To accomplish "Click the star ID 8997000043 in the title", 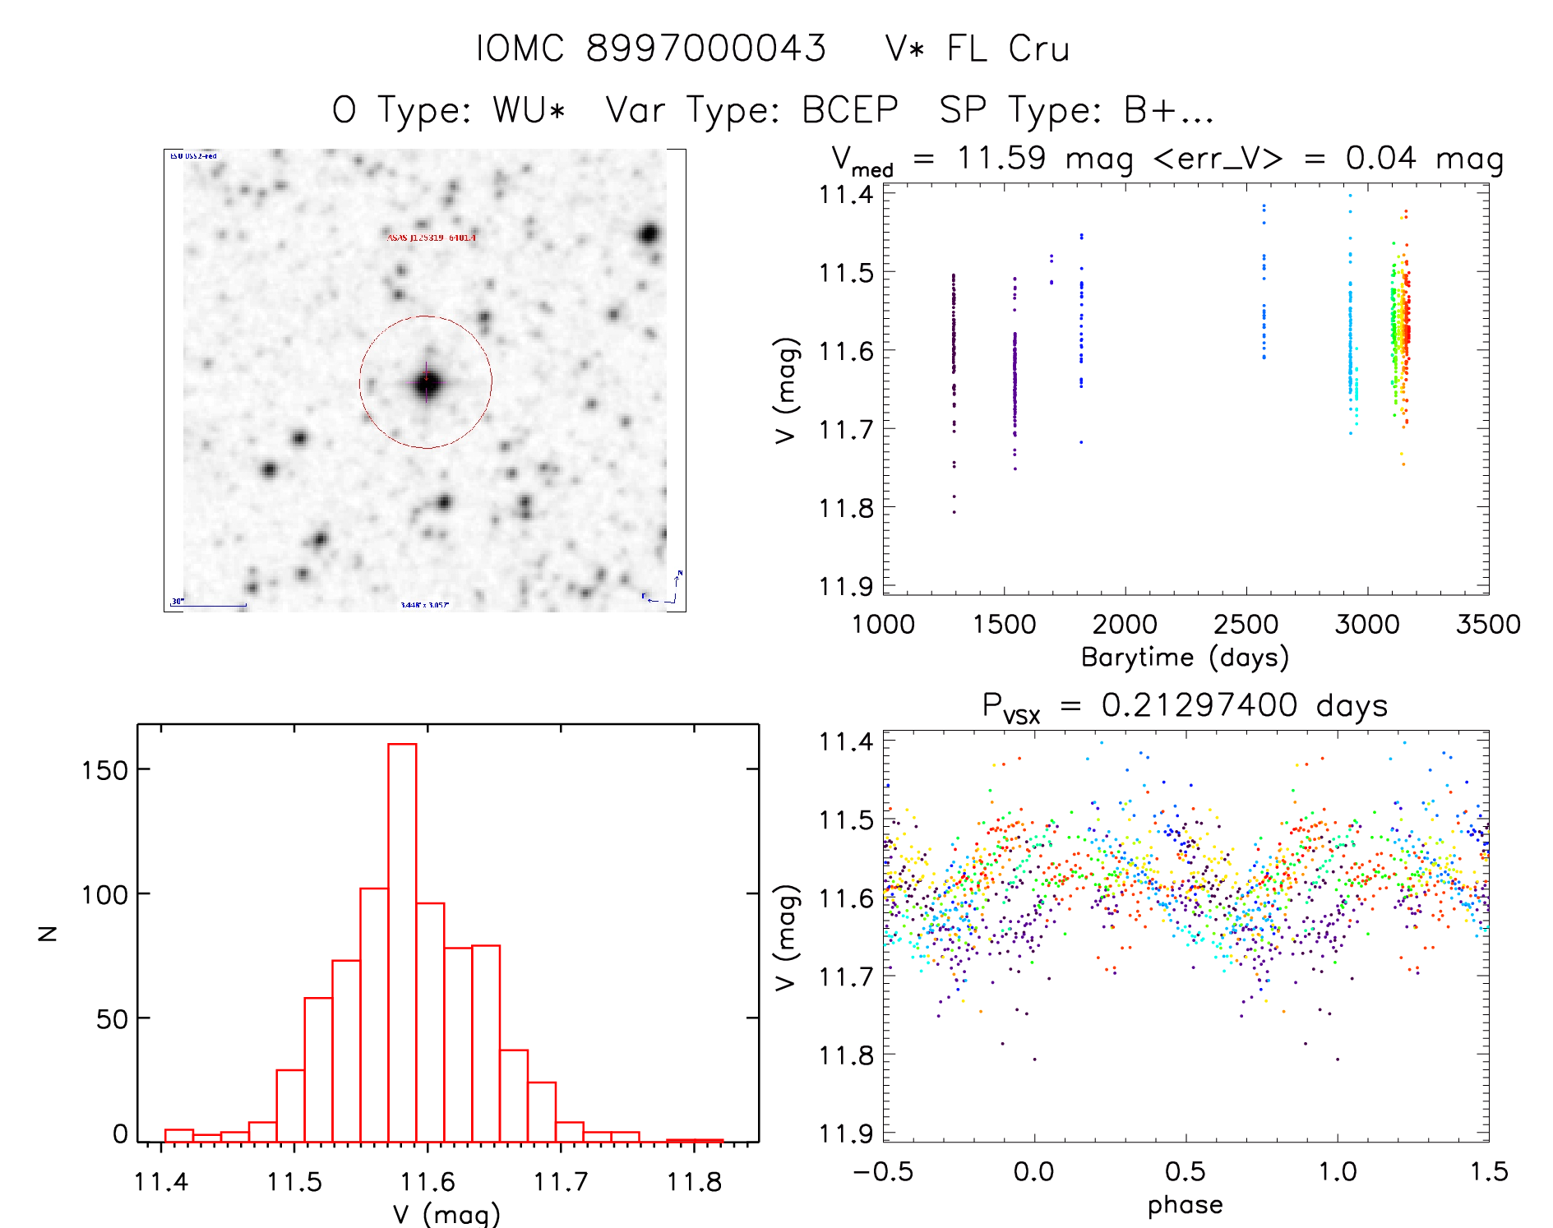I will (x=705, y=48).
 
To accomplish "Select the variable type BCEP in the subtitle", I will (x=850, y=110).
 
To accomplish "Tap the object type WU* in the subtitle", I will (x=529, y=110).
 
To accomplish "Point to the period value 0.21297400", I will (x=1199, y=705).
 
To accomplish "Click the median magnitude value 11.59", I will (x=1001, y=158).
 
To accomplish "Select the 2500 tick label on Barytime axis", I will (x=1246, y=625).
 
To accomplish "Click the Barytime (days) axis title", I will (x=1185, y=658).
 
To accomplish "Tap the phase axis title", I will (x=1185, y=1205).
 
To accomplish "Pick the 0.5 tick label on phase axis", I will (x=1185, y=1171).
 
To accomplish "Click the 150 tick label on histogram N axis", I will (x=105, y=770).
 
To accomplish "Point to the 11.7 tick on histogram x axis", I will (x=561, y=1182).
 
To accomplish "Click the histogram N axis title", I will (x=48, y=933).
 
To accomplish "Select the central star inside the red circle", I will (x=426, y=383).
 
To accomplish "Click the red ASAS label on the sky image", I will (x=431, y=238).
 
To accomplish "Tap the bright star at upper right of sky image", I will (x=649, y=234).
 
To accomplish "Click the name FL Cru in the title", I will (x=1007, y=48).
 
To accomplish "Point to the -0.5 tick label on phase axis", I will (x=883, y=1171).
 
